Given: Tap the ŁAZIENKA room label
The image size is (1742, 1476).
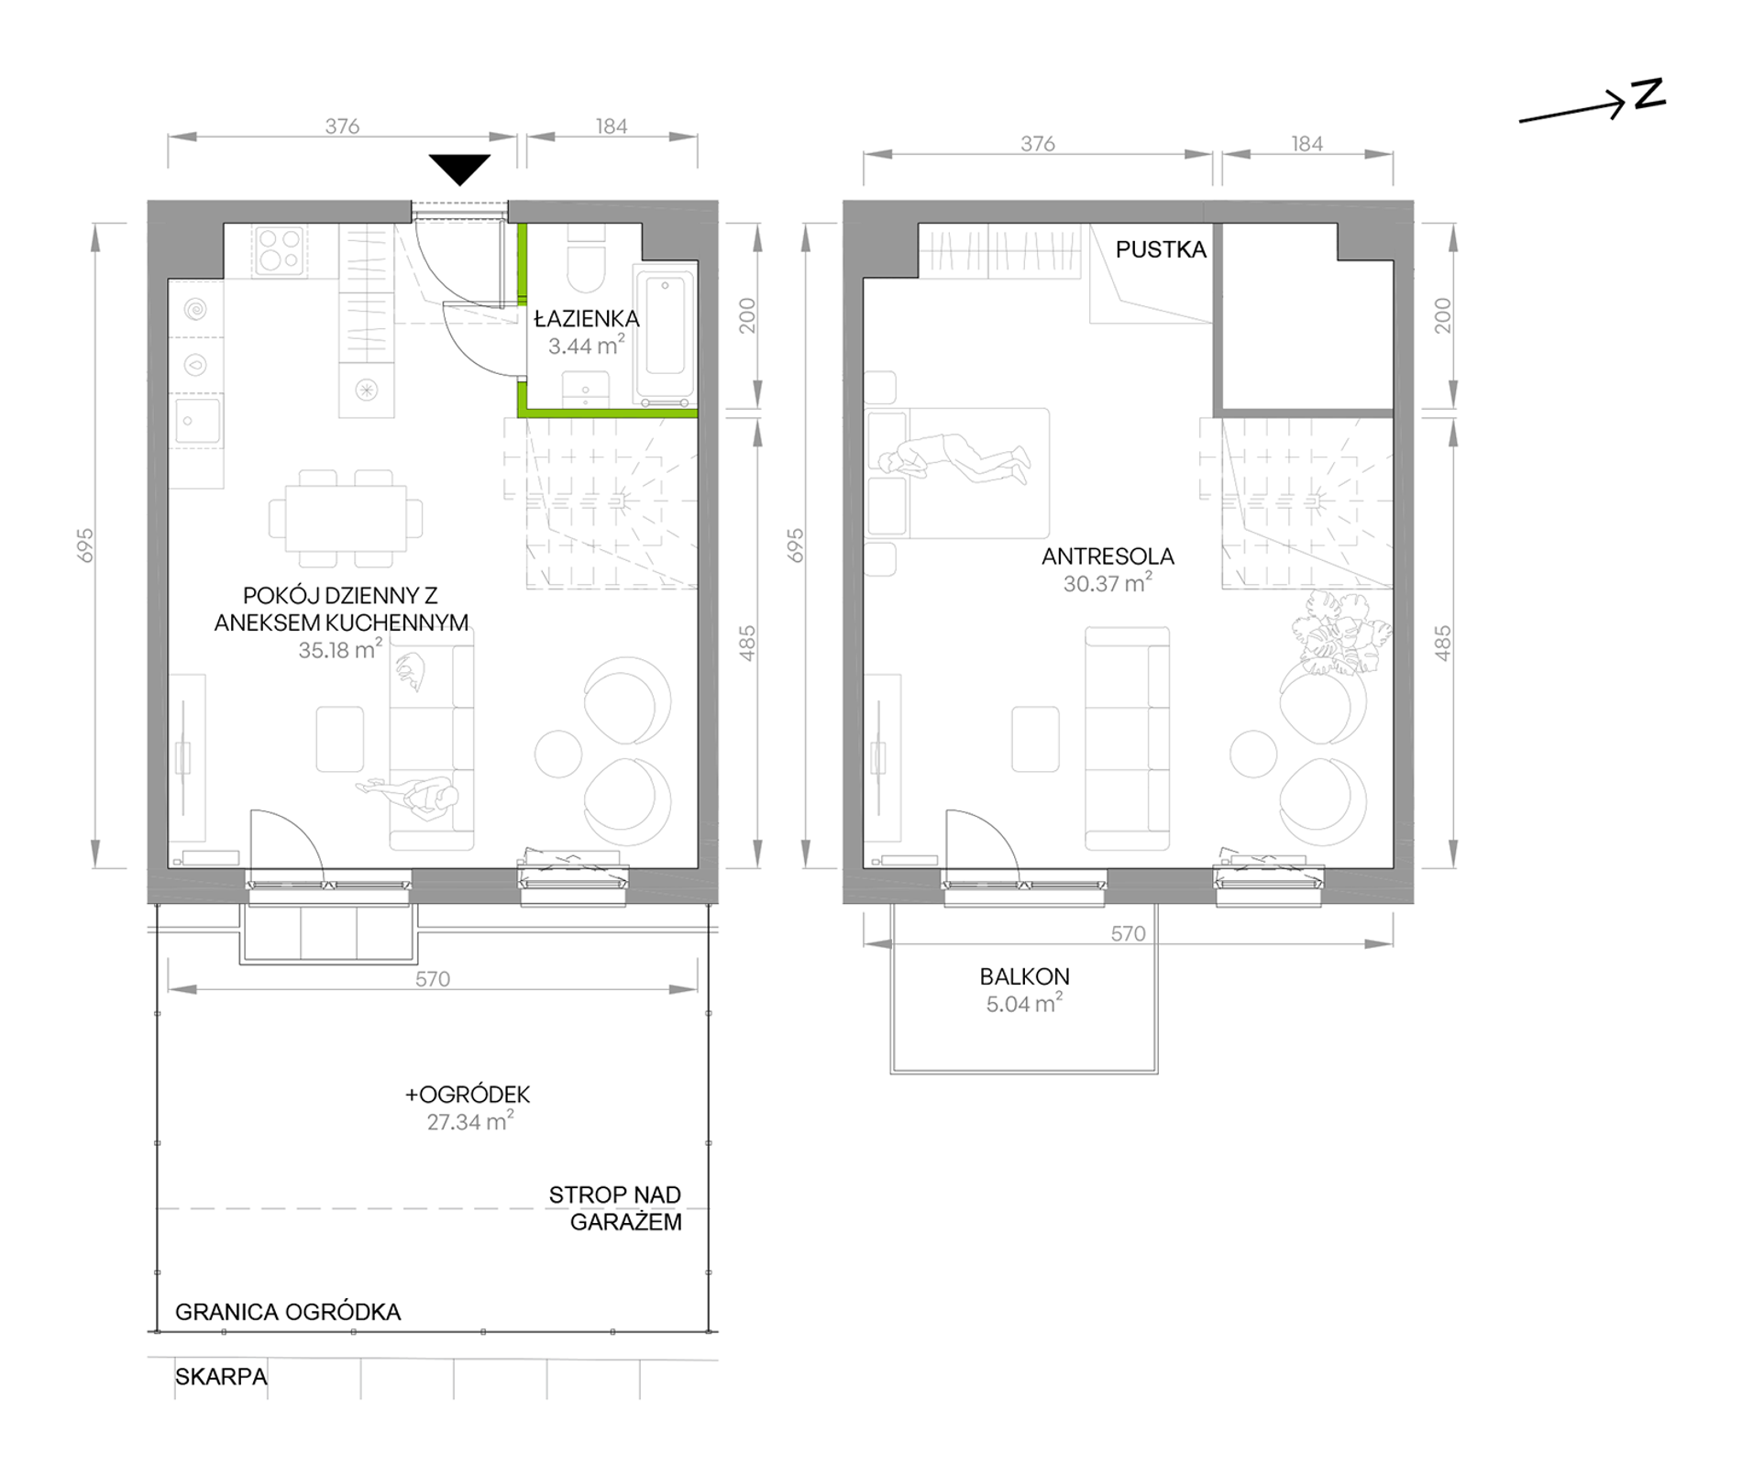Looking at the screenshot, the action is click(x=587, y=318).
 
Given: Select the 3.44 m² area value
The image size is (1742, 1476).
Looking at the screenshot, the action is click(x=587, y=346).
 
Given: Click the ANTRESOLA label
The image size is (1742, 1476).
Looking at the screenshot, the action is click(x=1108, y=556).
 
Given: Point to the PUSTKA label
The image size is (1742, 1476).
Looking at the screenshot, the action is click(x=1161, y=249).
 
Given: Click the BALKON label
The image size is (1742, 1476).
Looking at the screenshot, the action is click(x=1024, y=976).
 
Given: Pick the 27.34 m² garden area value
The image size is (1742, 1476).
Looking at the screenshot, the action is click(x=469, y=1121).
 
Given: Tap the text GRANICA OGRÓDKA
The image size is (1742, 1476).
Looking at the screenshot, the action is click(x=288, y=1312).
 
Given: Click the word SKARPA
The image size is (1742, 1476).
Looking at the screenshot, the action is click(x=221, y=1376).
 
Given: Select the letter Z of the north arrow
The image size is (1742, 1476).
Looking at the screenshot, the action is click(x=1648, y=94).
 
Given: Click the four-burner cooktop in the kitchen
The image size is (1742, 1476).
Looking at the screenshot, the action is click(x=280, y=250).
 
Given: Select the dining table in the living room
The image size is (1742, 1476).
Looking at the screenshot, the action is click(x=346, y=518).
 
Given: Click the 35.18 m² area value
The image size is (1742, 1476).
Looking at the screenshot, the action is click(x=340, y=650).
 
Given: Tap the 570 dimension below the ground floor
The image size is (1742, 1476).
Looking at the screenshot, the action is click(x=433, y=978).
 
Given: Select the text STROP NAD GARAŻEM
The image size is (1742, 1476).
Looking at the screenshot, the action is click(x=616, y=1208).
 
